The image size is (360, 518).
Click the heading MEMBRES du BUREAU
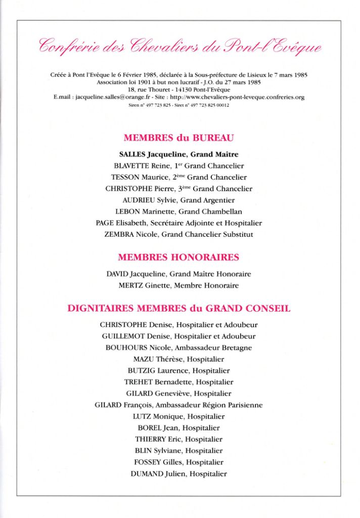(x=178, y=138)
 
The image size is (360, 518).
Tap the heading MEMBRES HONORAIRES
(x=178, y=257)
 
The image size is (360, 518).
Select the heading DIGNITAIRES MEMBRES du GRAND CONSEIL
(x=178, y=308)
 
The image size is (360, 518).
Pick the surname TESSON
(x=126, y=177)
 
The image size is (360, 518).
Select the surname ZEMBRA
(x=119, y=234)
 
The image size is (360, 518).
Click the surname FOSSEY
(x=148, y=462)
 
